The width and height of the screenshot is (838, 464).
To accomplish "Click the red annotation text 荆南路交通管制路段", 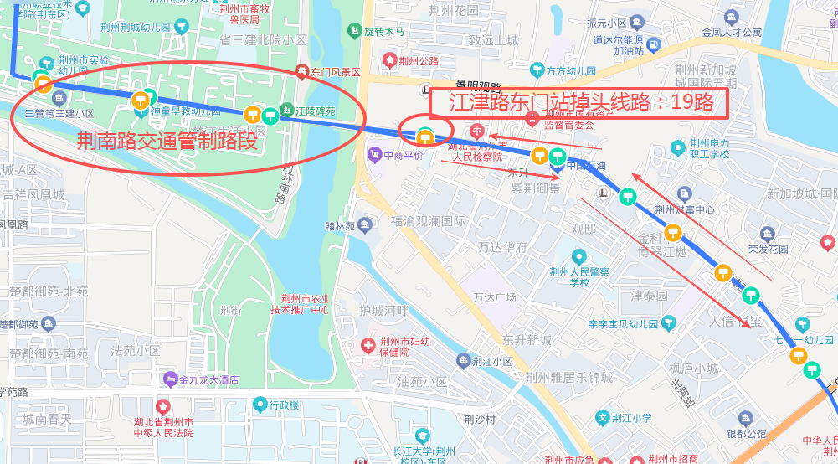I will (167, 140).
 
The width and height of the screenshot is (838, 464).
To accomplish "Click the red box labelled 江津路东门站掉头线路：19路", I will (578, 103).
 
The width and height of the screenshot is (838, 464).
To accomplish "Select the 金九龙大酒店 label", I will (209, 379).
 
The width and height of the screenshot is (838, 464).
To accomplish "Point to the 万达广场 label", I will (494, 297).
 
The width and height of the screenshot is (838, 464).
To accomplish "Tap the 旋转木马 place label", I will (383, 32).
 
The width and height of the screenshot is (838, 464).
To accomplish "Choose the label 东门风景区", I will (334, 73).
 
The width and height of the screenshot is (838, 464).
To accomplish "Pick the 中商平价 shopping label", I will (404, 155).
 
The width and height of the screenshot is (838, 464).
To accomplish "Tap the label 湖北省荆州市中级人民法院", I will (163, 427).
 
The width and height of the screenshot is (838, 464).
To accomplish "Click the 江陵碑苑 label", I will (315, 111).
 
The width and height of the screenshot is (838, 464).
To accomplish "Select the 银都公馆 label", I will (745, 434).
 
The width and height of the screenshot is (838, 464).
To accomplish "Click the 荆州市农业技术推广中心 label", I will (299, 304).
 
